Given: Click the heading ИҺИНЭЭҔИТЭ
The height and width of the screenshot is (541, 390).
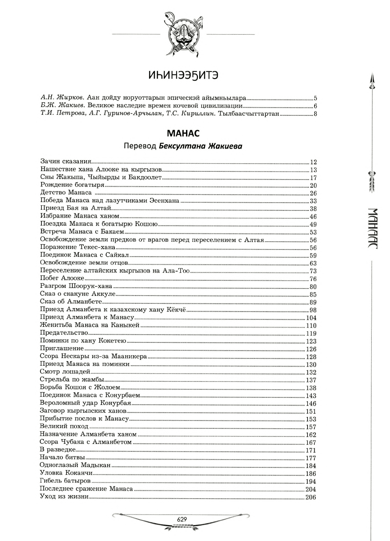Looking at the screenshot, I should click(183, 75).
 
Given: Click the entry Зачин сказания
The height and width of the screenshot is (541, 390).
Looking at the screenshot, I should click(66, 162).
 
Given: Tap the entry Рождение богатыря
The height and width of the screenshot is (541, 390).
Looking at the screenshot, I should click(72, 185).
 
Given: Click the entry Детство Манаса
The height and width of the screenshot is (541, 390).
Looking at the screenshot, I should click(66, 193).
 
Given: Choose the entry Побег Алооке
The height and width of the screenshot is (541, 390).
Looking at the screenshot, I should click(62, 278).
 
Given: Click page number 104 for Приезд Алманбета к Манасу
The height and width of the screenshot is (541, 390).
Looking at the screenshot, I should click(311, 318).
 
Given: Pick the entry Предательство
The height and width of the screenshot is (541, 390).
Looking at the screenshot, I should click(64, 333).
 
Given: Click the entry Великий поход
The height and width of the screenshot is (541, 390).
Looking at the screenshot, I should click(64, 426).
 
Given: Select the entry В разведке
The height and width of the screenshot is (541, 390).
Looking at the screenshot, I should click(57, 450).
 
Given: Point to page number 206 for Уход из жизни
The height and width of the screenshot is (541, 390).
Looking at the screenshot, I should click(311, 497).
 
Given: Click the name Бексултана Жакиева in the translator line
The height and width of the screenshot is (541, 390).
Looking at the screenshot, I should click(200, 147).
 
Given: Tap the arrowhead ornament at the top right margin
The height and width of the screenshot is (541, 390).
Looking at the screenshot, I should click(372, 81).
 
